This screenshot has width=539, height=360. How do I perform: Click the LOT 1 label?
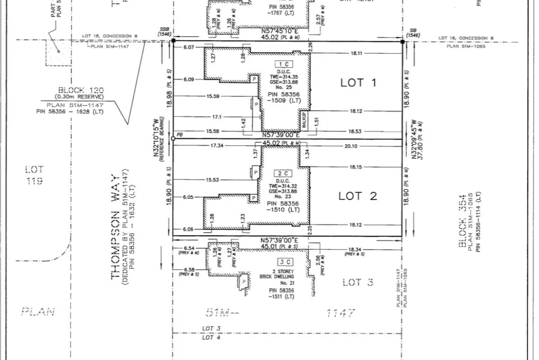click(x=358, y=83)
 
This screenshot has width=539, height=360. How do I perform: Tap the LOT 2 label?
click(x=358, y=196)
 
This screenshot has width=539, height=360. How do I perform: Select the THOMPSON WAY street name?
click(x=116, y=227)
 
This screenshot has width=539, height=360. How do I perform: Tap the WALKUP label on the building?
click(x=305, y=120)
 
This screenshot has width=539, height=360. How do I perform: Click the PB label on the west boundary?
click(x=180, y=135)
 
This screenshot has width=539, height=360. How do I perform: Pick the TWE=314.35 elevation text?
click(x=283, y=77)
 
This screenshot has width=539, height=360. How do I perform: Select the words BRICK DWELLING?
click(x=283, y=277)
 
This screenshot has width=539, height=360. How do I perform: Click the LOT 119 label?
click(x=34, y=175)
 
